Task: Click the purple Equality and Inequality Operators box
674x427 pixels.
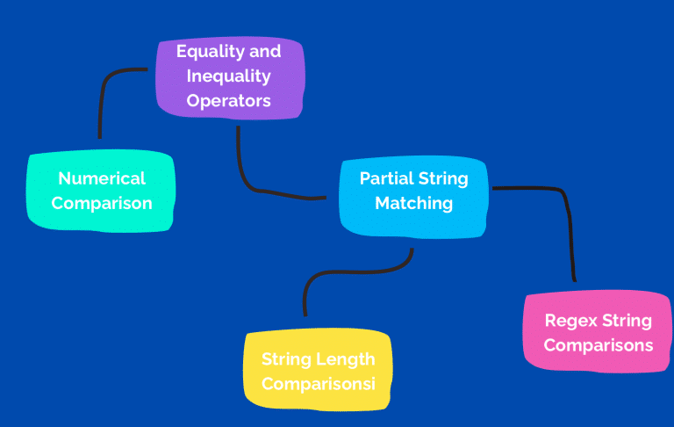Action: (231, 77)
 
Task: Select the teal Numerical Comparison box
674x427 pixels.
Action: (101, 192)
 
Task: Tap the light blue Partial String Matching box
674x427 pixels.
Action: (413, 197)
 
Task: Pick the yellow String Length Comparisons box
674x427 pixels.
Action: (318, 370)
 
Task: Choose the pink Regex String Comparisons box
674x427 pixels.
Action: (598, 331)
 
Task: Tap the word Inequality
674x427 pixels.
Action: (229, 76)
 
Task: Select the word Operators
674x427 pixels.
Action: (229, 101)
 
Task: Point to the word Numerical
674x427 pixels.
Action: (102, 178)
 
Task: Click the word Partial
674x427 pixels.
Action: (386, 178)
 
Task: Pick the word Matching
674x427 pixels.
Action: (414, 203)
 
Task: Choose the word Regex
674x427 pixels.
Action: (570, 321)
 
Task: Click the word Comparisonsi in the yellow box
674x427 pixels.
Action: (319, 384)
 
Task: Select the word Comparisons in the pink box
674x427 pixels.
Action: (599, 345)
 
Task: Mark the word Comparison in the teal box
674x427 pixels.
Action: (102, 203)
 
